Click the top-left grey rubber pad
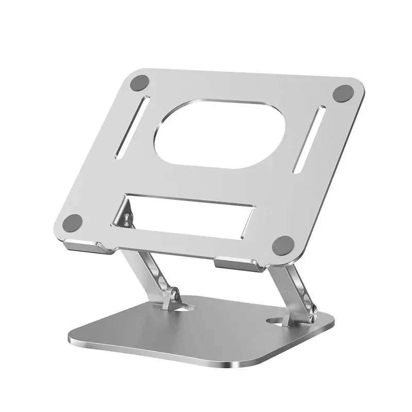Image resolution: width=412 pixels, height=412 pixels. coord(140,82)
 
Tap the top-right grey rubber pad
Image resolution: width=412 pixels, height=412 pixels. coord(344,93)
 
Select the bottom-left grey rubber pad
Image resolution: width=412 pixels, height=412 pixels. coord(73,222)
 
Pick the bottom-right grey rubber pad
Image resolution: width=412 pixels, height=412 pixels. coord(283,245)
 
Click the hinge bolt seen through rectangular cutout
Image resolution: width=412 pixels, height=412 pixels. coord(125,219)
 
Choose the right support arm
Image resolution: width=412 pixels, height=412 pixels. coord(297,286)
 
